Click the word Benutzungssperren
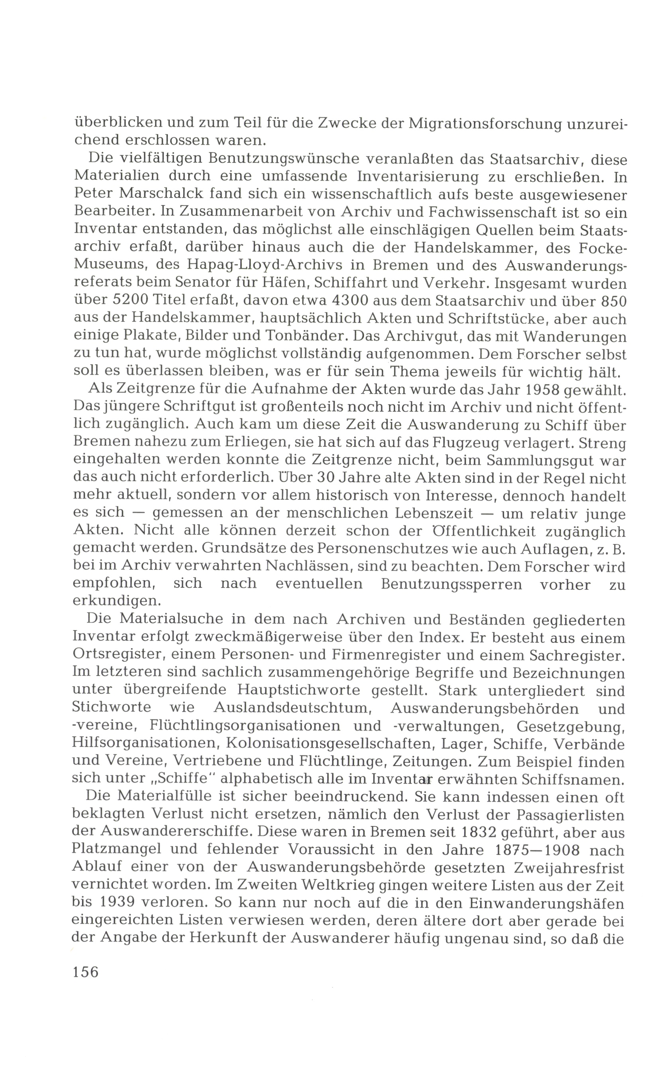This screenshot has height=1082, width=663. (451, 585)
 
